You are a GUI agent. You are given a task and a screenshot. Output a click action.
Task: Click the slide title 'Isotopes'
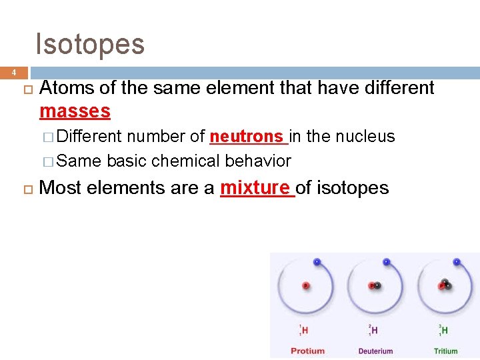(x=90, y=44)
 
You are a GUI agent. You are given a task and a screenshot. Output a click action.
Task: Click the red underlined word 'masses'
(x=75, y=110)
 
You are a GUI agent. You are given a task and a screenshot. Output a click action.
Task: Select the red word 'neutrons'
(x=246, y=137)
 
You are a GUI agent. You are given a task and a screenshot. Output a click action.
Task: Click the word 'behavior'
(x=258, y=161)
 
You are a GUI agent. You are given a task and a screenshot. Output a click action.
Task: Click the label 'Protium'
(x=307, y=351)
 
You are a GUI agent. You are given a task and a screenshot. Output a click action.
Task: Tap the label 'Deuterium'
(x=376, y=351)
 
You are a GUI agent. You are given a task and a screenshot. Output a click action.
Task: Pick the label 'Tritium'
(x=445, y=351)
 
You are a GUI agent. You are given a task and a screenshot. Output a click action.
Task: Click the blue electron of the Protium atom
(x=317, y=261)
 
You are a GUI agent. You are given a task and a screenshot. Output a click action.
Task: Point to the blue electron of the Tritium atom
(x=456, y=261)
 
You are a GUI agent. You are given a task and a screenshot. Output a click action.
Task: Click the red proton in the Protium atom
(x=306, y=285)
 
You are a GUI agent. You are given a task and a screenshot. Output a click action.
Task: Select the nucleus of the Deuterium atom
(x=375, y=285)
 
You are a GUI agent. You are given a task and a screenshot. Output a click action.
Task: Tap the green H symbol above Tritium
(x=445, y=330)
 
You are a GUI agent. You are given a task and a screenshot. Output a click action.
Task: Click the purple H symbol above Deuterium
(x=375, y=330)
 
